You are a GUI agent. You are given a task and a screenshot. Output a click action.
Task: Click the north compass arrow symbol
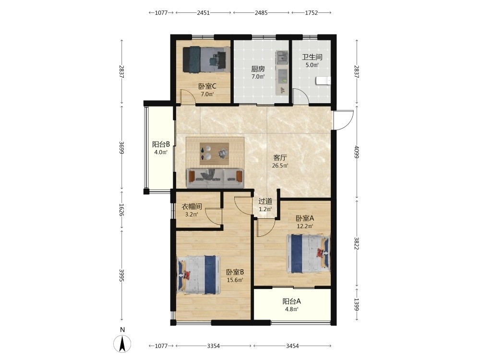(x=122, y=344)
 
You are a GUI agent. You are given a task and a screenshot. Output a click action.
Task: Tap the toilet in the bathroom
(x=323, y=81)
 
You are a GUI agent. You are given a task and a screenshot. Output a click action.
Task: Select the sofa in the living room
(x=215, y=178)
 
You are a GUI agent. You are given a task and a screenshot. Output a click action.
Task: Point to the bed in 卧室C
(x=206, y=60)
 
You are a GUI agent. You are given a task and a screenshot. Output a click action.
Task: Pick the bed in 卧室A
(x=309, y=253)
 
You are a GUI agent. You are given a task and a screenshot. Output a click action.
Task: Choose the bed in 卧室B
(x=198, y=275)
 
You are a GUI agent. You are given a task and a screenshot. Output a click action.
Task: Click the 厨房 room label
(x=258, y=69)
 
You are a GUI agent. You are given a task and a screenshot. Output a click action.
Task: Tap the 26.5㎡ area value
(x=280, y=166)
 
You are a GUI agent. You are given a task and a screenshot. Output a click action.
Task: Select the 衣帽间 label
(x=192, y=206)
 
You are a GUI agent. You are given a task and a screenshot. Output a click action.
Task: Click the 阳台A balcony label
(x=291, y=301)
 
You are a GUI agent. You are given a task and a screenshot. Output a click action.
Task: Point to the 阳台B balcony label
(x=161, y=144)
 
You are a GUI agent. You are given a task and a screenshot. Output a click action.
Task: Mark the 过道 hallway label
(x=265, y=202)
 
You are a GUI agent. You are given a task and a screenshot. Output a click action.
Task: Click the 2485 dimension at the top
(x=261, y=13)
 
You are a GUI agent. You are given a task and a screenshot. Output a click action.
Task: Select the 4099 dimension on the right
(x=356, y=152)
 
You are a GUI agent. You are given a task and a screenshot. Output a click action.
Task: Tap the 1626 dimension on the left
(x=121, y=210)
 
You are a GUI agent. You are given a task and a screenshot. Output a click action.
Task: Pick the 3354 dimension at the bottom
(x=214, y=346)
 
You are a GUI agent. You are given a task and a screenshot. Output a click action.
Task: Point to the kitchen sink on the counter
(x=282, y=57)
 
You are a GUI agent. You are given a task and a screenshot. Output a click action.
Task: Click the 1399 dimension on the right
(x=356, y=305)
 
